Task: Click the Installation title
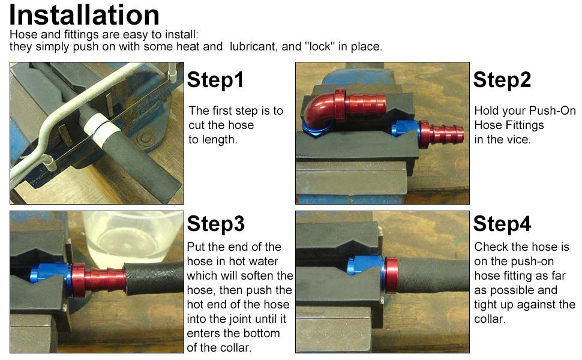(85, 15)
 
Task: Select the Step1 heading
(215, 79)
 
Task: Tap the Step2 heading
(502, 79)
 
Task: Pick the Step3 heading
(215, 224)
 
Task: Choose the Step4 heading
(502, 224)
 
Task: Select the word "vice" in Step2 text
(521, 140)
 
